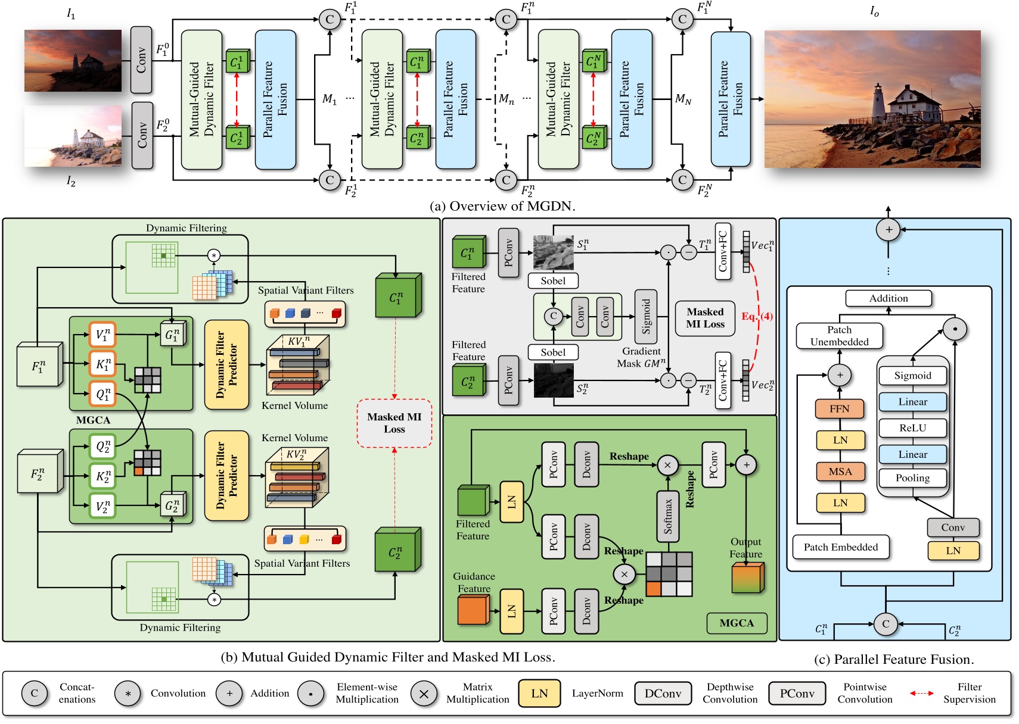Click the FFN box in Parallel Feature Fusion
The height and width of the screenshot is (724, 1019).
(840, 409)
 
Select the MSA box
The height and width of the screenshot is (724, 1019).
(840, 472)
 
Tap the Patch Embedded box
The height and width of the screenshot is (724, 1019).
(840, 547)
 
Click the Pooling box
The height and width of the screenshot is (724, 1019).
(912, 478)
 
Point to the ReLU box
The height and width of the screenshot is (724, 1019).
(912, 427)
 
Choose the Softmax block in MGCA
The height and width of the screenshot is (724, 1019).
(668, 516)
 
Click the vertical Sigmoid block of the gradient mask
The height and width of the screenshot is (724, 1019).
(646, 316)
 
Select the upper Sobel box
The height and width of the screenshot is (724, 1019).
(553, 280)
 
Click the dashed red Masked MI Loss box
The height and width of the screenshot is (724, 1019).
(394, 423)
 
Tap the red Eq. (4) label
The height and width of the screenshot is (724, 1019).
(757, 316)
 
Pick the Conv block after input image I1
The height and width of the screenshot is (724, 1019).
(141, 60)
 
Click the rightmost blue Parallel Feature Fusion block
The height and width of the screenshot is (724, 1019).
(731, 99)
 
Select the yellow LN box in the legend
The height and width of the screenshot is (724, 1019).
(539, 693)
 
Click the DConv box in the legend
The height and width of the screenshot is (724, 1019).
(663, 694)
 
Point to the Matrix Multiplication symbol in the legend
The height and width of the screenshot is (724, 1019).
(424, 694)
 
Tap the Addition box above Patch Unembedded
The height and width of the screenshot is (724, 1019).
(888, 298)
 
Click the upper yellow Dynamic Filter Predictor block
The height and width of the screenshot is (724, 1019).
(226, 364)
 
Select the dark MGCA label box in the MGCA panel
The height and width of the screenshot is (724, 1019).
(737, 623)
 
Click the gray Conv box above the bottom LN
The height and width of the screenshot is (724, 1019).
(953, 528)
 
